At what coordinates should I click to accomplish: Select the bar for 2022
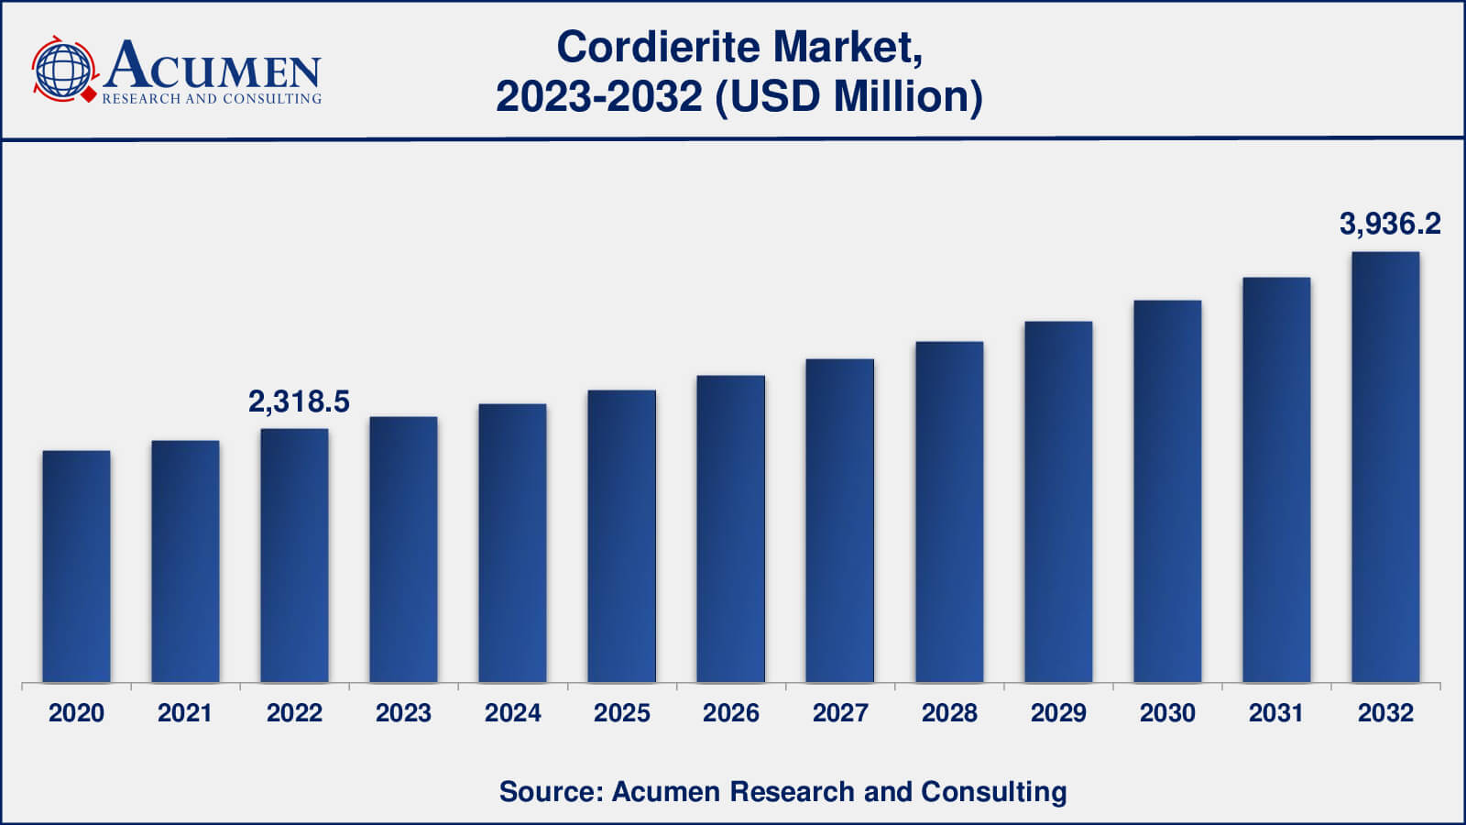[294, 555]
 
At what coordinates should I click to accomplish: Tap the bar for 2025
[621, 536]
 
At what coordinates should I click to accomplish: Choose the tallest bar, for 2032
[1385, 467]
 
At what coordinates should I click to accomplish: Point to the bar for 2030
[1167, 491]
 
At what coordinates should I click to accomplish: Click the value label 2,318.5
[299, 401]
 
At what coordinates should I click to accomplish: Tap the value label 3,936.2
[1390, 224]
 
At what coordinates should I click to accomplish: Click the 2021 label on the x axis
[184, 713]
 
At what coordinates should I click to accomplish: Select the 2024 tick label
[512, 713]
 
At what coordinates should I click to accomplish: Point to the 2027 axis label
[840, 713]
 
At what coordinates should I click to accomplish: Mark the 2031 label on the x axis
[1276, 713]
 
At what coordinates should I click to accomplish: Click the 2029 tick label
[1058, 713]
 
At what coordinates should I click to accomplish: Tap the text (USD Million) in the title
[848, 96]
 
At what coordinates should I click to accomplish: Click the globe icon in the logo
[62, 70]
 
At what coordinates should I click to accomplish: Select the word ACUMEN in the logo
[213, 66]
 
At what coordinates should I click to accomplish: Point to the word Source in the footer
[548, 791]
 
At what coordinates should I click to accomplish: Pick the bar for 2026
[730, 529]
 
